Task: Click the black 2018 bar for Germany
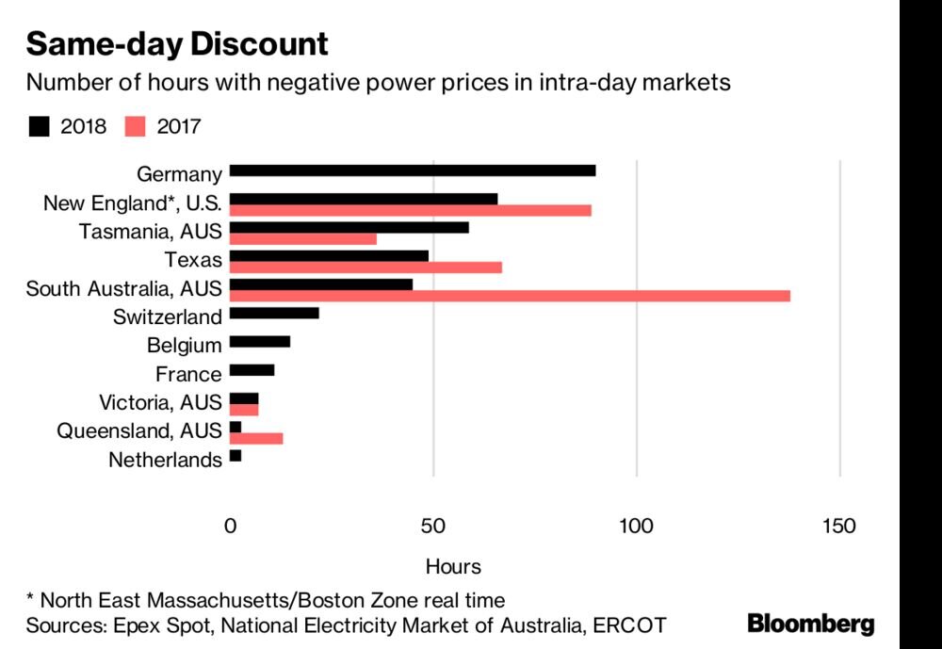pos(412,170)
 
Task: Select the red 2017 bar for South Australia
pos(510,296)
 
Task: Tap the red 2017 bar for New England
pos(410,210)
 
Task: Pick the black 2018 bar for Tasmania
pos(349,227)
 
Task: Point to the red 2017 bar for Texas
pos(365,268)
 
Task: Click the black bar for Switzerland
pos(274,313)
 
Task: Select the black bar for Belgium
pos(260,341)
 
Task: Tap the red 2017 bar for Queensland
pos(256,438)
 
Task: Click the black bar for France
pos(252,370)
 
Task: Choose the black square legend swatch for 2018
pos(39,126)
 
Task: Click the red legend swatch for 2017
pos(134,126)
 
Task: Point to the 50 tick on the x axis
pos(433,526)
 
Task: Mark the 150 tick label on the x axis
pos(838,526)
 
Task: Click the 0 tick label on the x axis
pos(230,526)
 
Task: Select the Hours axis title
pos(453,567)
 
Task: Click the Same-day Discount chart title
pos(177,43)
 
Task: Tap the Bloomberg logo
pos(810,624)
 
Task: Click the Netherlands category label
pos(165,461)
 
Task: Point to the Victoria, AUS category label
pos(160,403)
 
